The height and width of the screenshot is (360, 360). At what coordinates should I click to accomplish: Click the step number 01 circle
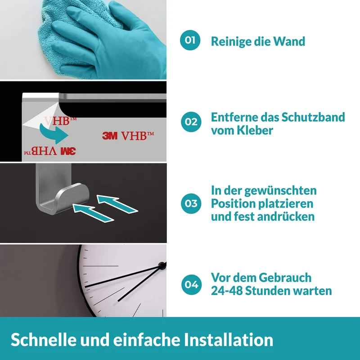pyautogui.click(x=190, y=40)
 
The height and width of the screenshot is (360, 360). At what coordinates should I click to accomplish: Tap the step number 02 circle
pyautogui.click(x=191, y=121)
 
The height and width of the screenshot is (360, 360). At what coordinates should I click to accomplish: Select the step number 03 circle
pyautogui.click(x=191, y=203)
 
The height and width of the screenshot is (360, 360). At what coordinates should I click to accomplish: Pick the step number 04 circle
pyautogui.click(x=192, y=285)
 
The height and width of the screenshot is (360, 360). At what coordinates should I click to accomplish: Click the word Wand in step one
pyautogui.click(x=289, y=41)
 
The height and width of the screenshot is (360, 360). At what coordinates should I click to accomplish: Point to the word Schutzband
pyautogui.click(x=313, y=117)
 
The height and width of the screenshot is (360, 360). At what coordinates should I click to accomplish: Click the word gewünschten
pyautogui.click(x=280, y=191)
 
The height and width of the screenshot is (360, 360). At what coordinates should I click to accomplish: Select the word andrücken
pyautogui.click(x=286, y=216)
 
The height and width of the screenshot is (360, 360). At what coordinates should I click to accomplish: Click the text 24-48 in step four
pyautogui.click(x=227, y=291)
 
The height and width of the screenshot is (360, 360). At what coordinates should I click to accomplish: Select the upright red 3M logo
pyautogui.click(x=110, y=136)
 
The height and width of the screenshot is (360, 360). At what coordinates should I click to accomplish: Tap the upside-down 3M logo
pyautogui.click(x=68, y=151)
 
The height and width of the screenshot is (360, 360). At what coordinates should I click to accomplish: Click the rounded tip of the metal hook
pyautogui.click(x=85, y=194)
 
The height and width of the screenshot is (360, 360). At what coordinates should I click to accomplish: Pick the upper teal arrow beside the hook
pyautogui.click(x=117, y=203)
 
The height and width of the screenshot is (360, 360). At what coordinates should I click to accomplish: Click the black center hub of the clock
pyautogui.click(x=162, y=265)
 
